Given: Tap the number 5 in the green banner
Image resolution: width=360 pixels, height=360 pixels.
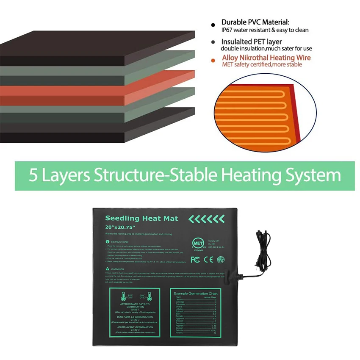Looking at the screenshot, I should [33, 175].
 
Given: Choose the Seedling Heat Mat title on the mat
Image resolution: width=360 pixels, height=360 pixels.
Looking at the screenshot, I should [141, 219].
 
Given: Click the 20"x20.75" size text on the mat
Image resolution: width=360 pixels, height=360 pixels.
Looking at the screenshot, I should [120, 227].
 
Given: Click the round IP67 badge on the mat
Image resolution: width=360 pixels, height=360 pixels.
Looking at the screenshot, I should [221, 259].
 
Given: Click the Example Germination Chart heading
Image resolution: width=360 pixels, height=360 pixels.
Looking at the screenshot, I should [196, 294].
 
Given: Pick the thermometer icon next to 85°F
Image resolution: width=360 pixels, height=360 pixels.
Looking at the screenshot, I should [125, 296].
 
